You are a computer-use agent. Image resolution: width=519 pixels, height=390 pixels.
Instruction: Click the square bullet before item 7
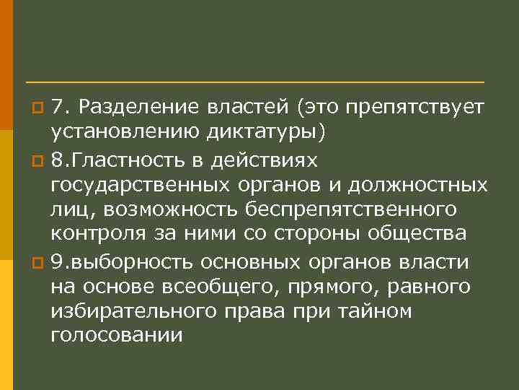pyautogui.click(x=39, y=108)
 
